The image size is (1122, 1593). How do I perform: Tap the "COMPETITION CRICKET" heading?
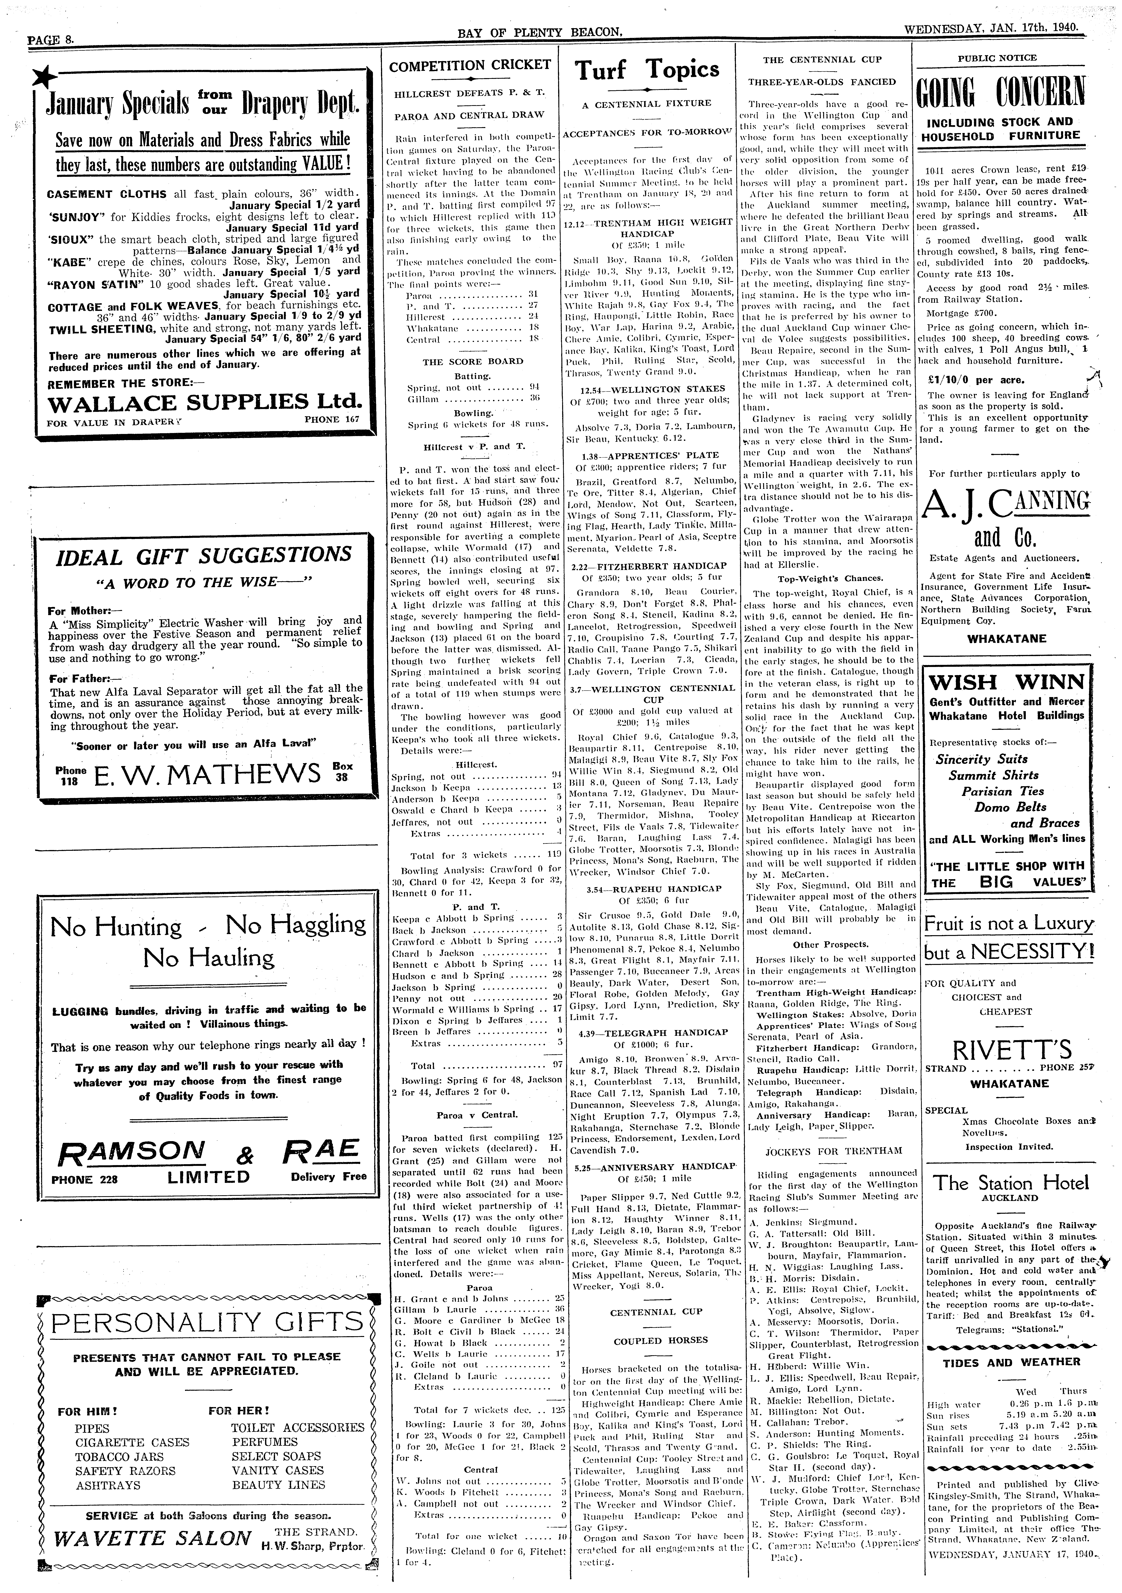(x=470, y=66)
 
